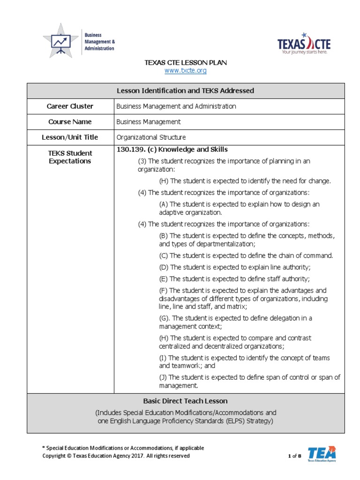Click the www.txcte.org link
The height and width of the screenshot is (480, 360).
pos(185,71)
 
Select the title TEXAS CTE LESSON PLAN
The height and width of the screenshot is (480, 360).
pos(185,63)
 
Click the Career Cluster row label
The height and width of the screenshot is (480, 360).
pos(70,106)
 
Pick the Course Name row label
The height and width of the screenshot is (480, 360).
pos(70,122)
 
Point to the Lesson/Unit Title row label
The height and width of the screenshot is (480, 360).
pos(70,137)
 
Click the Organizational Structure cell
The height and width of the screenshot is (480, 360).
pos(151,137)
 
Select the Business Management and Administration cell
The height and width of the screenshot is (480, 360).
pos(176,106)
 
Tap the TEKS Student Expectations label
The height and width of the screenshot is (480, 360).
pos(70,157)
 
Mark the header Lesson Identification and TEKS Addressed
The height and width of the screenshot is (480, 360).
pos(185,90)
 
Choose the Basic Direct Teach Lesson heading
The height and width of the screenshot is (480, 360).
pos(185,401)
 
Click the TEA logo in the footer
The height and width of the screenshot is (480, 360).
pos(322,454)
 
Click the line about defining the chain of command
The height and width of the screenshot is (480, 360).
pos(246,255)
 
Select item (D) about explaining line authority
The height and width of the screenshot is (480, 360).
pos(235,267)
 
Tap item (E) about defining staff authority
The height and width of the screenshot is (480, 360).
pos(235,278)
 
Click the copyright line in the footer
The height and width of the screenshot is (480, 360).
pos(116,456)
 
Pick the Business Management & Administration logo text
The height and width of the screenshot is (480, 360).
pos(99,42)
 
